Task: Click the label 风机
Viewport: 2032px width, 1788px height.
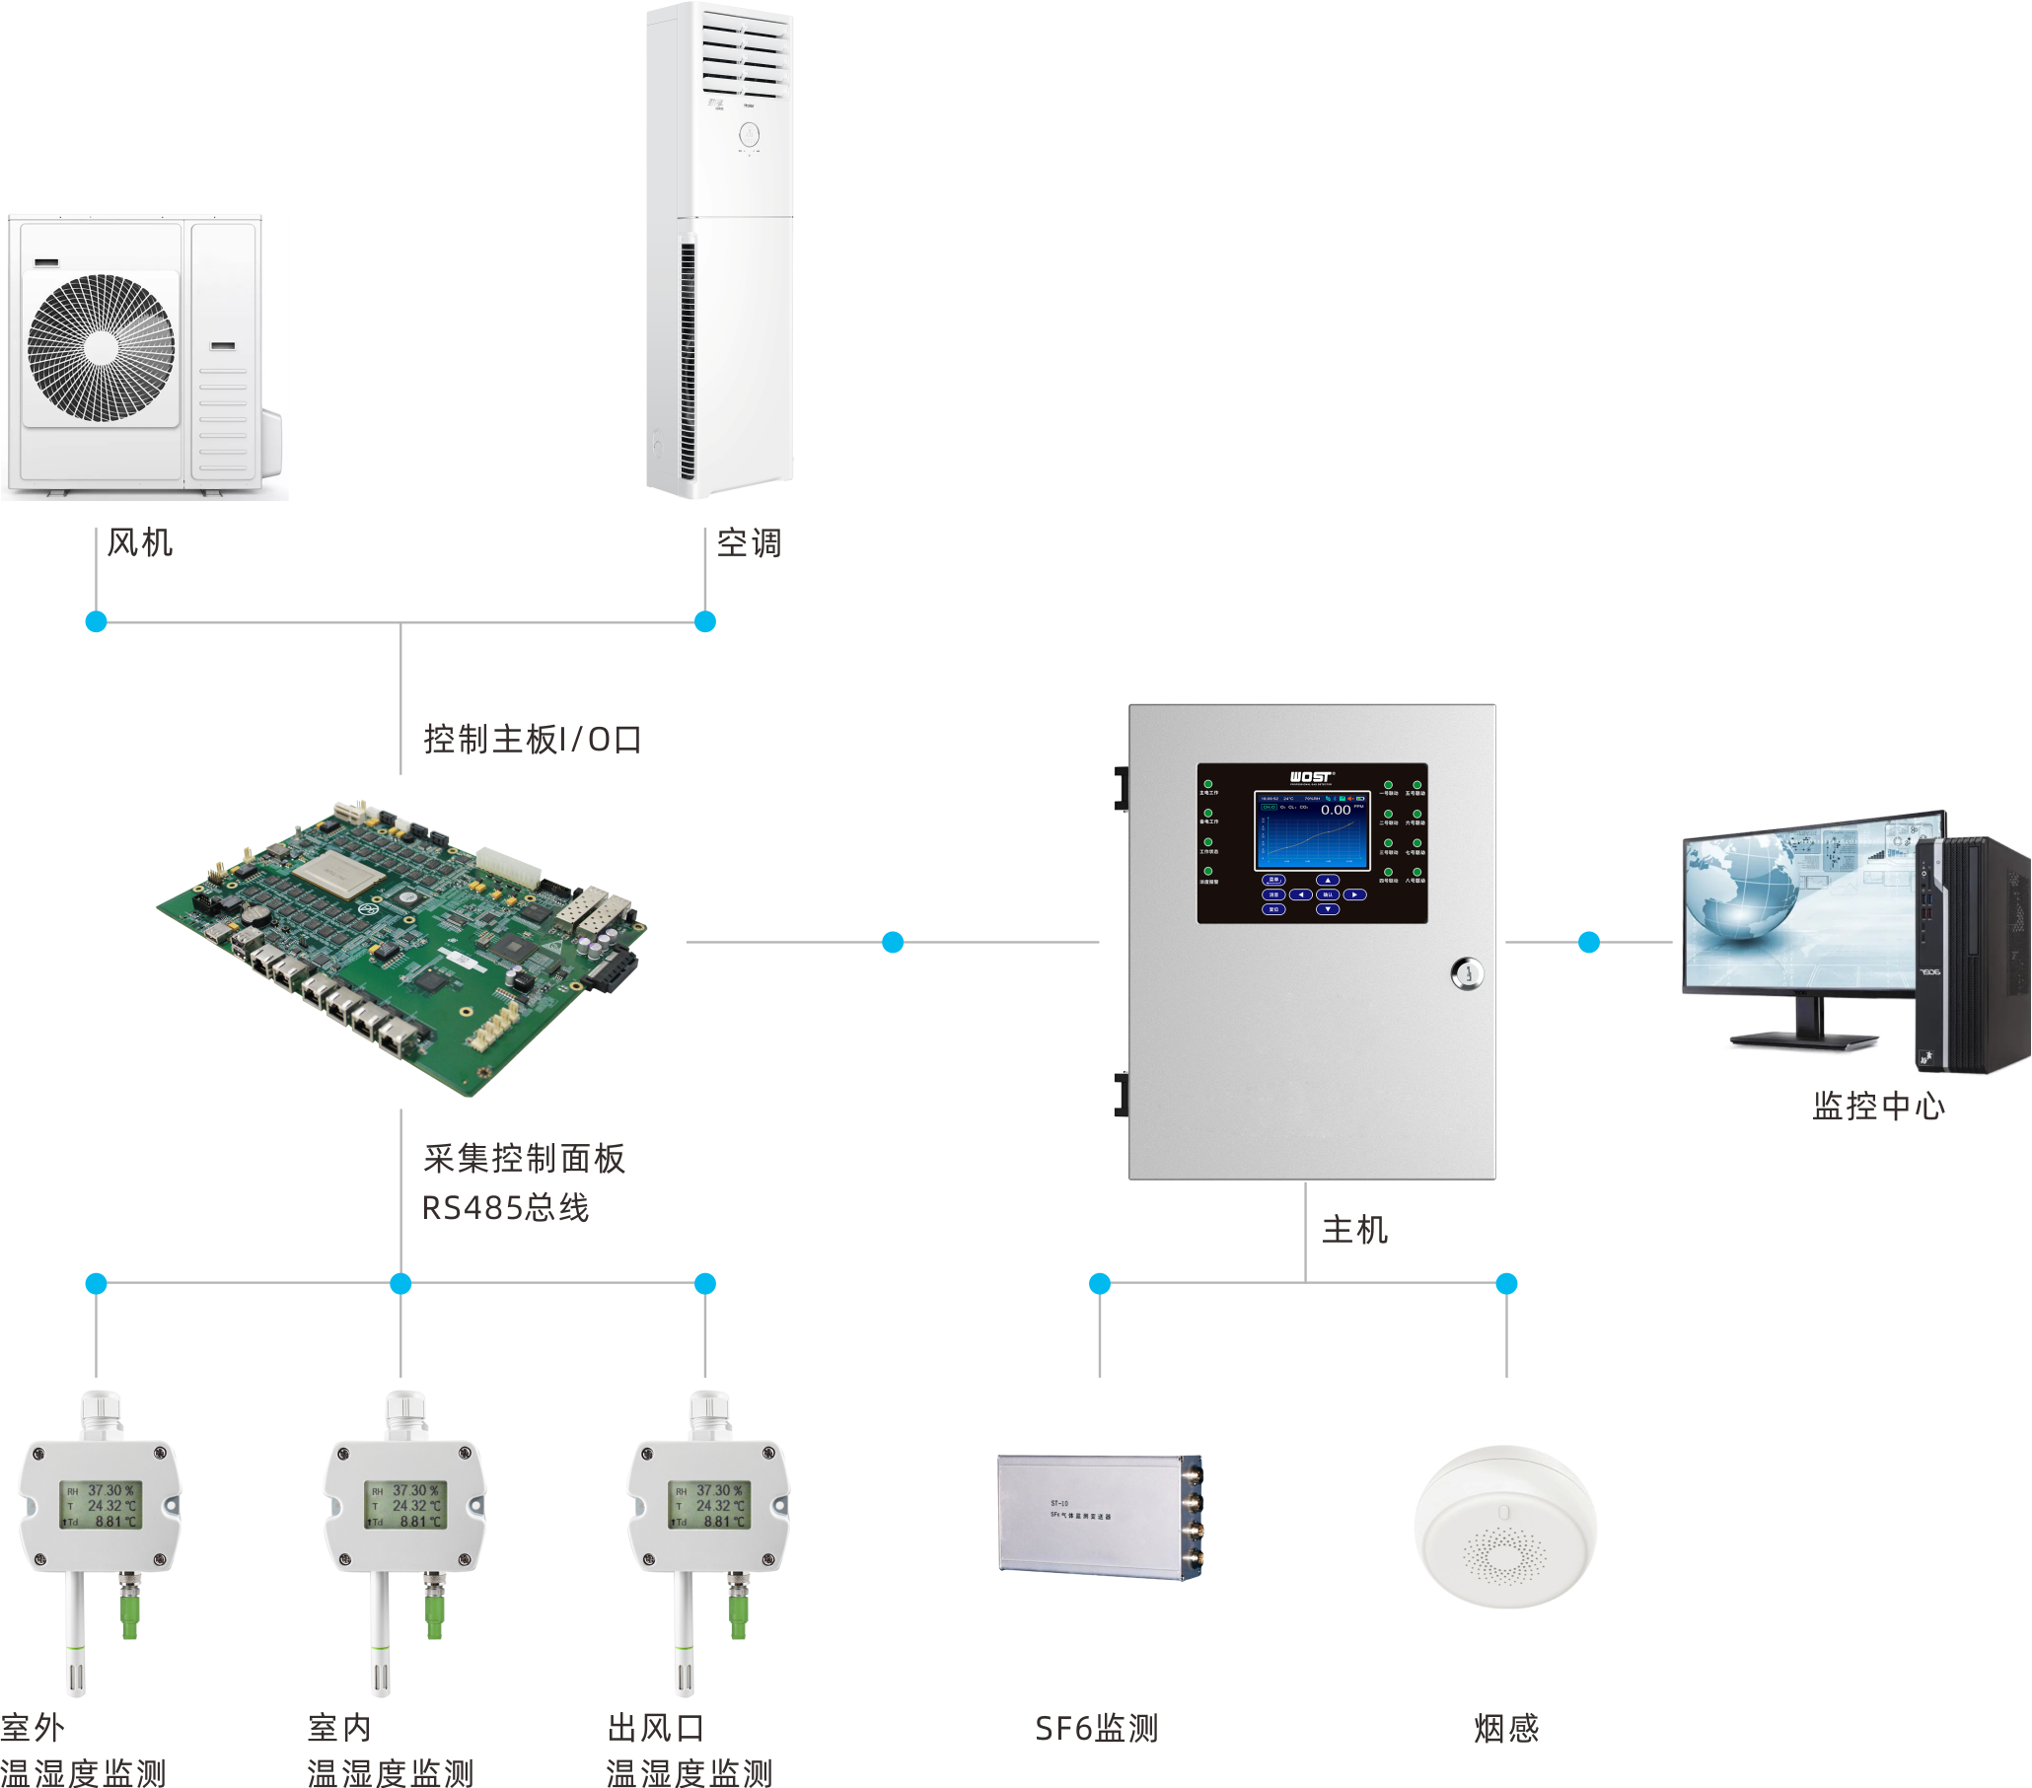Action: click(x=140, y=542)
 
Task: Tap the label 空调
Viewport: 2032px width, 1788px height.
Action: click(x=749, y=542)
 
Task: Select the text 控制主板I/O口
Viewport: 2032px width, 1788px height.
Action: click(x=532, y=739)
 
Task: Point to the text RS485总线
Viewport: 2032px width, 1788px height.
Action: click(x=505, y=1207)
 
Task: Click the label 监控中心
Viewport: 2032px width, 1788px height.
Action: click(x=1878, y=1106)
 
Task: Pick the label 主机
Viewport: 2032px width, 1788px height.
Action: click(x=1354, y=1230)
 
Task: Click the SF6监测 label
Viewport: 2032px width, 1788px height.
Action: click(x=1096, y=1729)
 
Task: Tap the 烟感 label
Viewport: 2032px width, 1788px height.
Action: click(x=1506, y=1729)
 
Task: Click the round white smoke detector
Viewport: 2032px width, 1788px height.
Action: click(x=1505, y=1527)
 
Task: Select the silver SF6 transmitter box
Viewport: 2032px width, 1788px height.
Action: click(x=1099, y=1517)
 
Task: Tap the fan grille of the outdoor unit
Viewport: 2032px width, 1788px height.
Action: click(x=102, y=347)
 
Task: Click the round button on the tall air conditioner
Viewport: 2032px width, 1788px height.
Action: click(x=749, y=133)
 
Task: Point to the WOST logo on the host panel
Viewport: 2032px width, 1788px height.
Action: click(x=1311, y=776)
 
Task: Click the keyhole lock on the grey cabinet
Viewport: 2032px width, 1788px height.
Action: click(x=1467, y=972)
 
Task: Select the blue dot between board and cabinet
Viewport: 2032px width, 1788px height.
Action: click(x=893, y=942)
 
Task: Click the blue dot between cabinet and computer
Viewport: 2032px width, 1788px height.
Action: click(x=1589, y=942)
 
